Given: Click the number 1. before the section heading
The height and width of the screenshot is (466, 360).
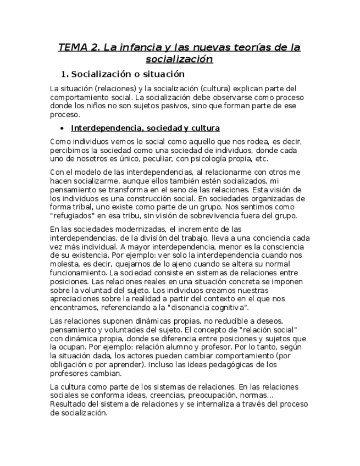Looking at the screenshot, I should pos(64,74).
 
